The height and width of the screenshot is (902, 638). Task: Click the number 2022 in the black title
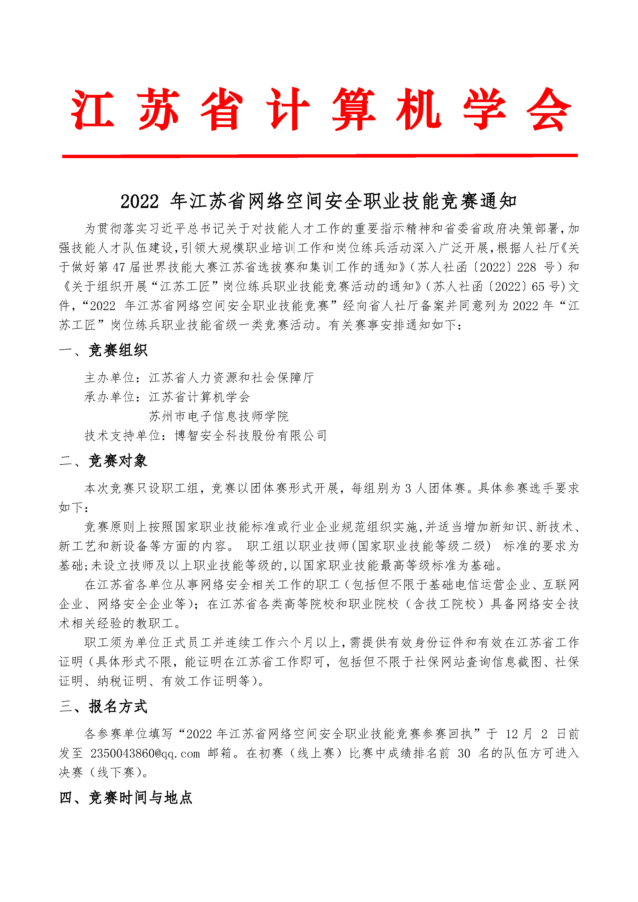pyautogui.click(x=139, y=202)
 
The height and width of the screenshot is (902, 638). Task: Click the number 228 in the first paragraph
pyautogui.click(x=526, y=267)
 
